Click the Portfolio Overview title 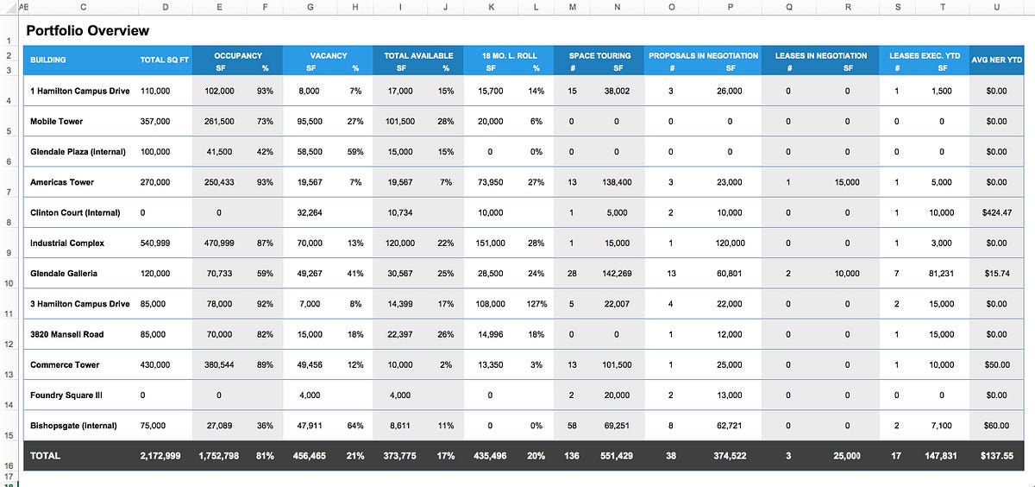click(x=87, y=30)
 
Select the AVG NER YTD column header click(x=997, y=60)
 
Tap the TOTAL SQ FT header click(x=165, y=60)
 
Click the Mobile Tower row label click(x=56, y=122)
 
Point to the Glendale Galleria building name click(x=64, y=274)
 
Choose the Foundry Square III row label click(x=66, y=395)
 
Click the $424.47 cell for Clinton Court click(x=997, y=212)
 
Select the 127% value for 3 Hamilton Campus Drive click(x=536, y=304)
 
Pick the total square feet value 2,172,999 click(x=160, y=456)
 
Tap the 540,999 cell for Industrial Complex click(x=155, y=244)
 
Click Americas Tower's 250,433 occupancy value click(x=219, y=182)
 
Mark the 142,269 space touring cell click(x=617, y=274)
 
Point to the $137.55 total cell click(x=997, y=456)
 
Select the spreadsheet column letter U click(x=997, y=8)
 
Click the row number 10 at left click(x=9, y=283)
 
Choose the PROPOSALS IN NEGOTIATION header click(x=703, y=56)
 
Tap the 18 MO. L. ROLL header click(x=509, y=56)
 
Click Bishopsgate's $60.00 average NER click(x=997, y=426)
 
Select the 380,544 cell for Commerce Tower click(x=219, y=365)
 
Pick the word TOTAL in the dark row click(x=45, y=456)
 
